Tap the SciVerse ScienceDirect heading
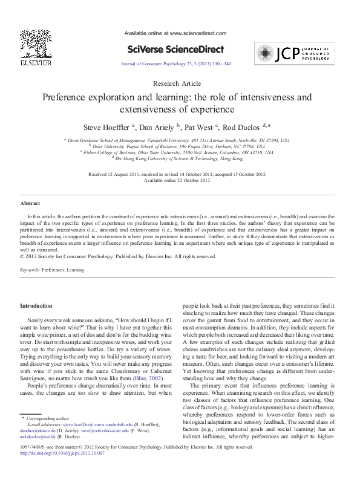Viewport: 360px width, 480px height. point(175,49)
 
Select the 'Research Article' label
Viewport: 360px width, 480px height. point(177,83)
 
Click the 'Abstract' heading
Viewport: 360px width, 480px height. point(30,204)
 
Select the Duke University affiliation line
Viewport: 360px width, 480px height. point(177,146)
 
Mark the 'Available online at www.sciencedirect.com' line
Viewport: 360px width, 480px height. point(175,33)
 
